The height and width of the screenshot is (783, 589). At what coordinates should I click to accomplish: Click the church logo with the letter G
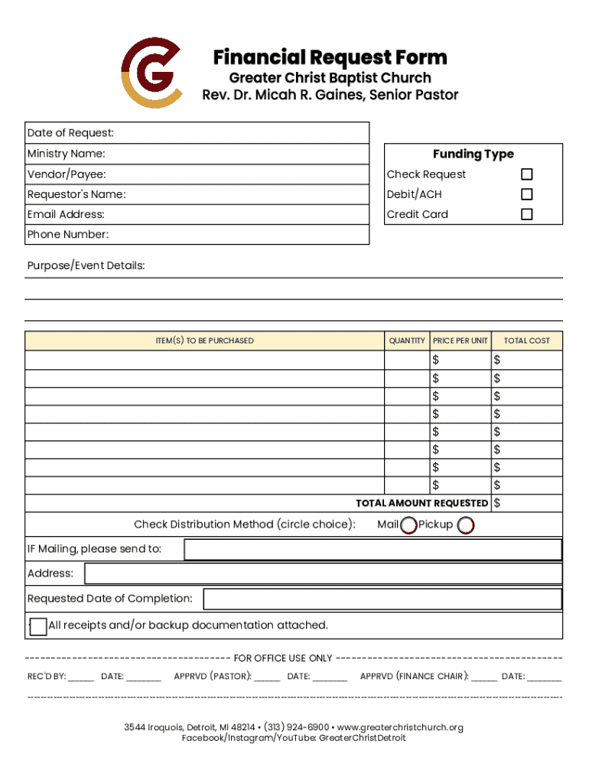pos(151,73)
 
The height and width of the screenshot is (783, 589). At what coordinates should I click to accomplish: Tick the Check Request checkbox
pos(526,174)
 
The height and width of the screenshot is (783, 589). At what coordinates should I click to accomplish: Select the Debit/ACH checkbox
pos(526,194)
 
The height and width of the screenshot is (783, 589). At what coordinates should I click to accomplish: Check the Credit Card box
pos(526,214)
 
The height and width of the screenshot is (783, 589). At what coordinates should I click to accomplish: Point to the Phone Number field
pos(237,235)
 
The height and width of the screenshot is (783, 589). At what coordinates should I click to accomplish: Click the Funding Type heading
pos(473,154)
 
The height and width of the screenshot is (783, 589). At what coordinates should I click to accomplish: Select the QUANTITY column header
pos(407,341)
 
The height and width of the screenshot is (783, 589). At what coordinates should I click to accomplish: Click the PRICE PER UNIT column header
pos(460,341)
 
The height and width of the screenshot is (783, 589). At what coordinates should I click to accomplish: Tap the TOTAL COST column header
pos(526,341)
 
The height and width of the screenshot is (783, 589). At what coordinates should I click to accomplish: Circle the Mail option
pos(409,525)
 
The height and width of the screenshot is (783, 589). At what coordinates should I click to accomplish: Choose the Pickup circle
pos(465,525)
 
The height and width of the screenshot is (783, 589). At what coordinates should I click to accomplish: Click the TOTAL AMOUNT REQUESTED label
pos(421,503)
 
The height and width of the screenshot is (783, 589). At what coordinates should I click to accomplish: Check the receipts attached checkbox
pos(38,626)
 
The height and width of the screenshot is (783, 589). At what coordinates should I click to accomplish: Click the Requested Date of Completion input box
pos(382,599)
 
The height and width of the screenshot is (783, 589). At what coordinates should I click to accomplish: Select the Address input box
pos(323,573)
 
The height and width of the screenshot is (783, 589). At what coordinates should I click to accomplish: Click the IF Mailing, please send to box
pos(373,549)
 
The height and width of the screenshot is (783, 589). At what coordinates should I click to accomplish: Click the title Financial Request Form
pos(330,57)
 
